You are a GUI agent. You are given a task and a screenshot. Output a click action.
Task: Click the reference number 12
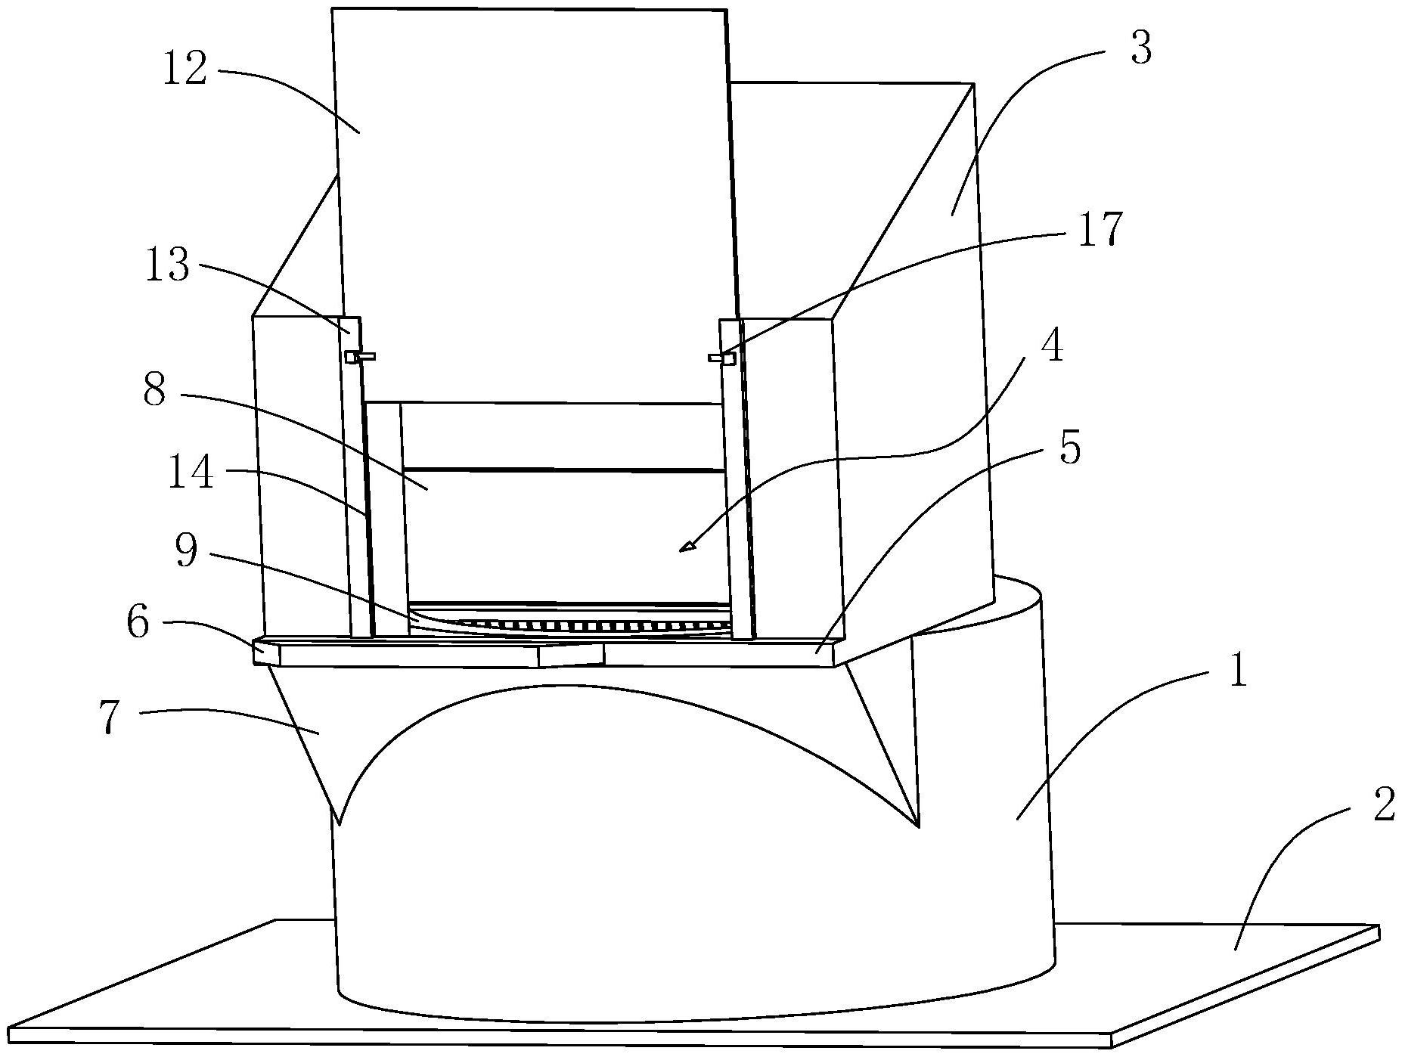(x=185, y=70)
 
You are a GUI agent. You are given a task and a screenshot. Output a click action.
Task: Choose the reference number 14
(x=191, y=476)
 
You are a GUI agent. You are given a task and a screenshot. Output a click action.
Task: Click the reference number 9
(x=186, y=551)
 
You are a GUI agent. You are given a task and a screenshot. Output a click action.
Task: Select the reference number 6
(x=138, y=625)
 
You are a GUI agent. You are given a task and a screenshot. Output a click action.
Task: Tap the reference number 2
(x=1382, y=807)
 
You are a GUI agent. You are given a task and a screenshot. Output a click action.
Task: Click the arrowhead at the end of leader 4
(x=687, y=547)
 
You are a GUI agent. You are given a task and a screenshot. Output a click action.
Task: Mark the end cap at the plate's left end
(x=266, y=652)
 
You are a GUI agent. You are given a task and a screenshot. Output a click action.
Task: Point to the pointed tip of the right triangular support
(x=917, y=826)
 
